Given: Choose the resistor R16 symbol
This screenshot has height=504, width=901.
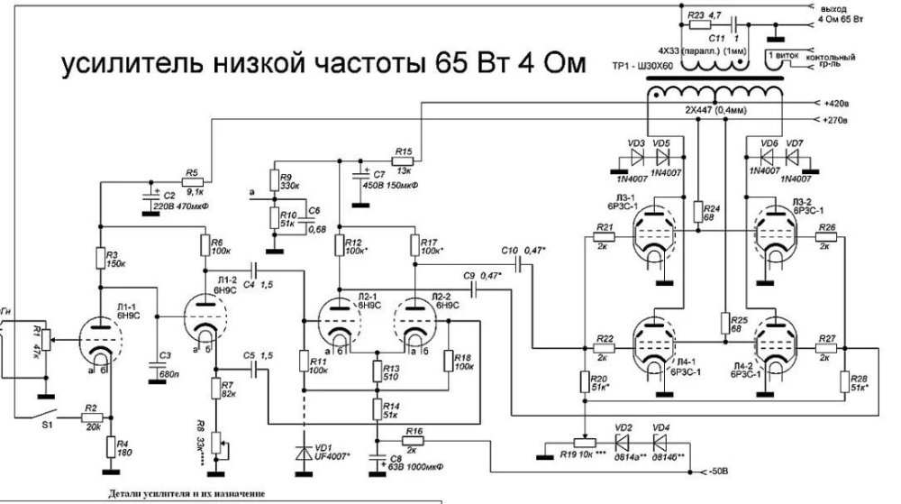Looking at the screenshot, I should tap(414, 443).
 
